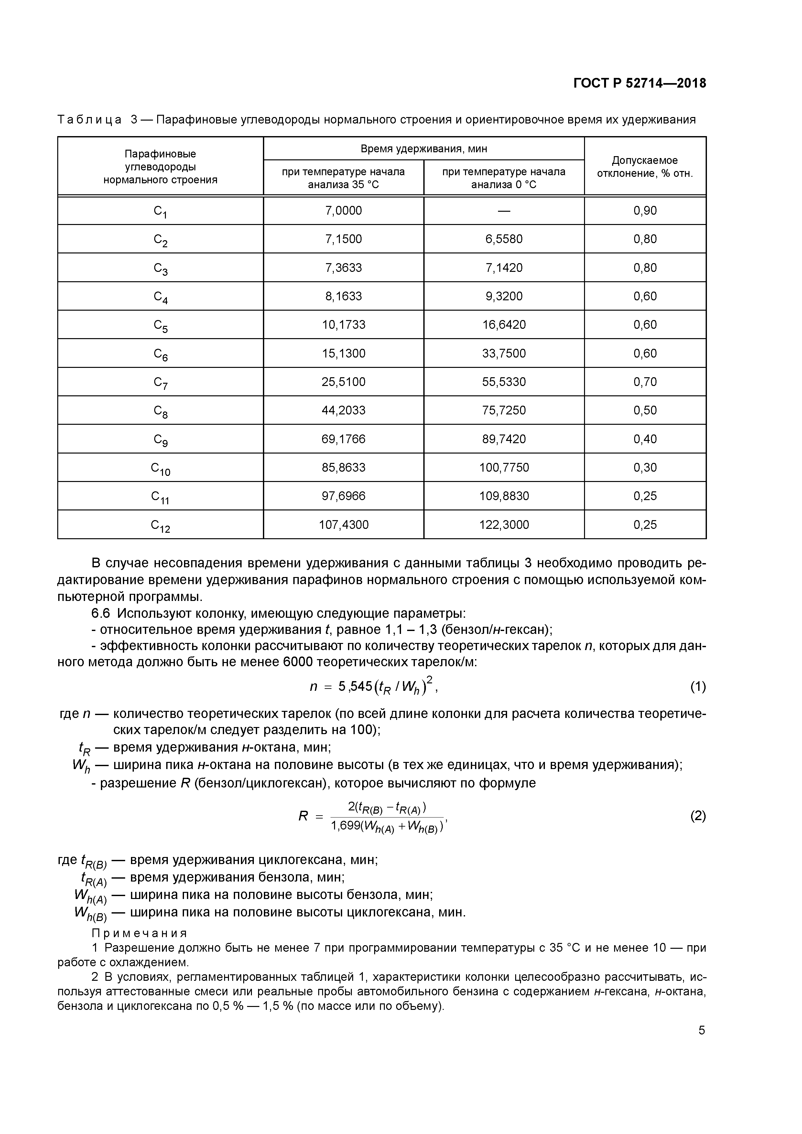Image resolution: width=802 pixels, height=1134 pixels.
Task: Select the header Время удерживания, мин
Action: pyautogui.click(x=424, y=149)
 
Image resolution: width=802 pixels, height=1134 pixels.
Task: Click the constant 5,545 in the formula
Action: pyautogui.click(x=355, y=687)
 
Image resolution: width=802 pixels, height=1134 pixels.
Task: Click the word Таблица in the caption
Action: pyautogui.click(x=90, y=120)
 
